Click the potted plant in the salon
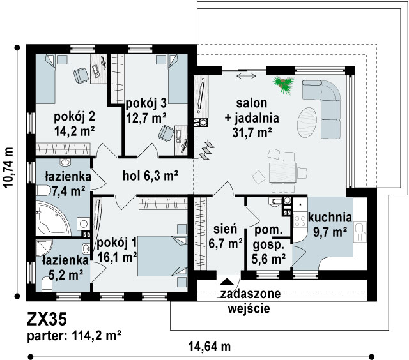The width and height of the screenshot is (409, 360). tap(284, 84)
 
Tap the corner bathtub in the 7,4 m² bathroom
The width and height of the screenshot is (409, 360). tap(52, 218)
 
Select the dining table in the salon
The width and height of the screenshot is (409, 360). tap(282, 172)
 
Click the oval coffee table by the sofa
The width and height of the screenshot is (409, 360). tap(307, 123)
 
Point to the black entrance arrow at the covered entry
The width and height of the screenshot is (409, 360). tap(228, 281)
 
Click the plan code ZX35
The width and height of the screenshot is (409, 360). tap(47, 319)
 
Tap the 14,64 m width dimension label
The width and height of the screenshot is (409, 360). tap(210, 347)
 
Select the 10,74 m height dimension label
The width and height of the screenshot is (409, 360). tap(8, 167)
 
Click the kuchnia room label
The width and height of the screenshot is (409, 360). tap(330, 217)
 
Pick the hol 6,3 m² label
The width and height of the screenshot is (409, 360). tap(151, 176)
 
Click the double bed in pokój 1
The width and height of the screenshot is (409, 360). tap(162, 256)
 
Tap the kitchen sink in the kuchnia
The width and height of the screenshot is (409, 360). tap(360, 232)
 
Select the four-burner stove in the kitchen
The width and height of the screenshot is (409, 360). tap(300, 221)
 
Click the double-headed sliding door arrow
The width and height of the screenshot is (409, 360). tap(247, 76)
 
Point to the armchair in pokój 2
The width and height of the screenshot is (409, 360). tap(81, 75)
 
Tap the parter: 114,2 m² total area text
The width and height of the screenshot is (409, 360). tap(74, 336)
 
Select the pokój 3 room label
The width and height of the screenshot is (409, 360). tap(146, 103)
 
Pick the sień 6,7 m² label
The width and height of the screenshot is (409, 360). tap(226, 236)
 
